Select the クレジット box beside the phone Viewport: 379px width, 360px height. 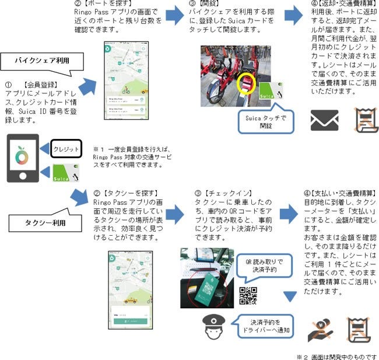(x=65, y=149)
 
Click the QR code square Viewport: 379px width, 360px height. (x=248, y=296)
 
